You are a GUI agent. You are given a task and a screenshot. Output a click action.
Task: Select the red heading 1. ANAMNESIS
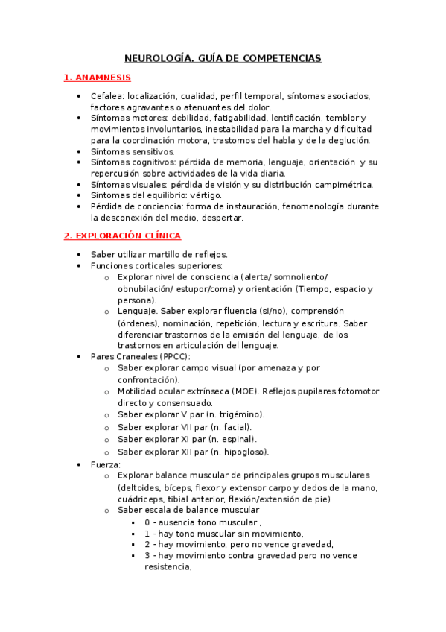(x=97, y=77)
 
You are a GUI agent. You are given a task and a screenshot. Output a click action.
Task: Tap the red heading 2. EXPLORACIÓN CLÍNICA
(x=122, y=236)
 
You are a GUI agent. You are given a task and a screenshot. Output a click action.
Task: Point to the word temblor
(x=345, y=118)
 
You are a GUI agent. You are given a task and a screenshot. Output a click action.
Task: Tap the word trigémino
(x=236, y=414)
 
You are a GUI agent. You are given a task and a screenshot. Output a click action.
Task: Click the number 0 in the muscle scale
(x=147, y=522)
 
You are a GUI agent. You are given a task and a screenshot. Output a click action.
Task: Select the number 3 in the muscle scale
(x=147, y=555)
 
